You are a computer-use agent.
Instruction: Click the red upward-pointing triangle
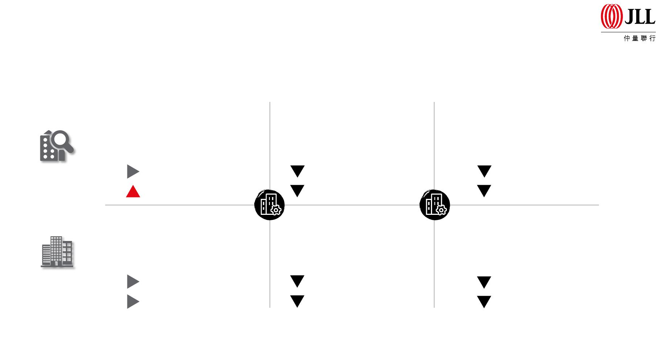click(133, 192)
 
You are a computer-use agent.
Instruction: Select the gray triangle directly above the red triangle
click(133, 171)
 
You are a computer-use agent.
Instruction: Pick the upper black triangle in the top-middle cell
click(297, 171)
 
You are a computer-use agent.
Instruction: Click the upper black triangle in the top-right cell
click(484, 171)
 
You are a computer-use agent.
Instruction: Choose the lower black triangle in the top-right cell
click(484, 191)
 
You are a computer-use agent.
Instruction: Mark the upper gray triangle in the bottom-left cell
click(133, 282)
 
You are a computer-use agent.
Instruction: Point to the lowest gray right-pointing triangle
click(133, 302)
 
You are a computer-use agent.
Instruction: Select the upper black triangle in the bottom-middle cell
click(297, 281)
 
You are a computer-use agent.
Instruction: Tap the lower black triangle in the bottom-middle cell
click(297, 301)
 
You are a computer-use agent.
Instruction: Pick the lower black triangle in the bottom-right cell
click(484, 302)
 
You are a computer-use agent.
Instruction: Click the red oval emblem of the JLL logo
click(611, 16)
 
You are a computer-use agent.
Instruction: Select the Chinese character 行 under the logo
click(653, 38)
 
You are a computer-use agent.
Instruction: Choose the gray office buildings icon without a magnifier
click(57, 252)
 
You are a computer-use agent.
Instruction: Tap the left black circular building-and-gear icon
click(270, 205)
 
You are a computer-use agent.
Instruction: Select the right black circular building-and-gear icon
click(435, 205)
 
